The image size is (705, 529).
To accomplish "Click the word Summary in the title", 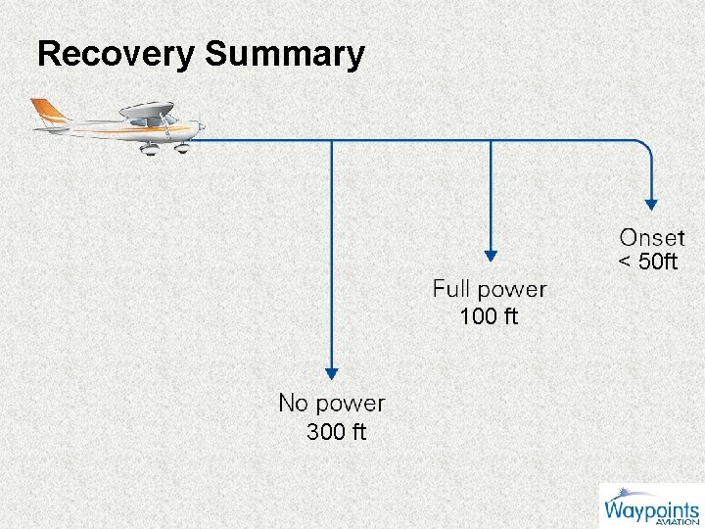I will click(x=285, y=54).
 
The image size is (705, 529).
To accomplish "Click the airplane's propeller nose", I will click(x=200, y=126).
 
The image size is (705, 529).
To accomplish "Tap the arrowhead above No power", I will click(x=332, y=372).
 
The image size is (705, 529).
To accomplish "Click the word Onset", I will click(x=652, y=238).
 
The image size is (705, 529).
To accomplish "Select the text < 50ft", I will click(x=647, y=262).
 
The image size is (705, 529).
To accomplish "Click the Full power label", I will click(x=490, y=289).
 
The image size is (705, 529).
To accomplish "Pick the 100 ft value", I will click(x=489, y=316).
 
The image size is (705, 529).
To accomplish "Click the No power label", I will click(x=332, y=403).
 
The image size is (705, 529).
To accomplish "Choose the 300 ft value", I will click(x=336, y=432).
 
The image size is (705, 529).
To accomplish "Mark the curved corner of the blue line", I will click(x=645, y=147).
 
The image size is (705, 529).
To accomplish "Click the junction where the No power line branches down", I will click(x=332, y=141).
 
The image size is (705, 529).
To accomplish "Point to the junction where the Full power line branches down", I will click(x=490, y=141).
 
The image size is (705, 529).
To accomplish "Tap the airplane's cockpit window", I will click(x=167, y=120).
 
